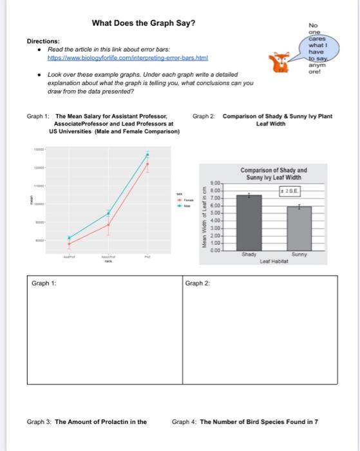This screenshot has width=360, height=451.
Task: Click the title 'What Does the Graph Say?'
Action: pyautogui.click(x=144, y=24)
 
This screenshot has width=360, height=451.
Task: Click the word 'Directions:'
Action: pyautogui.click(x=43, y=41)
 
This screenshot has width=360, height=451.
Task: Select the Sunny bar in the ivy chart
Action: pyautogui.click(x=299, y=228)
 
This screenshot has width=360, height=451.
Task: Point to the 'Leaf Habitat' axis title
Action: pyautogui.click(x=274, y=261)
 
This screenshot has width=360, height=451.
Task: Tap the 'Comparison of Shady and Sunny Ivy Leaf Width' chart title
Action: pyautogui.click(x=274, y=173)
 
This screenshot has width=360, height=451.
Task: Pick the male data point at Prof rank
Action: pyautogui.click(x=147, y=155)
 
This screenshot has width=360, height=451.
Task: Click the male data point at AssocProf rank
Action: pyautogui.click(x=108, y=213)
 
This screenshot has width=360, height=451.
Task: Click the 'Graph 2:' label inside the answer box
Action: pyautogui.click(x=196, y=283)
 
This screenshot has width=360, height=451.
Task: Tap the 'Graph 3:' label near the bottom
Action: pyautogui.click(x=39, y=422)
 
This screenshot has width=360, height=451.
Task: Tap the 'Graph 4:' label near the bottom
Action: pyautogui.click(x=184, y=422)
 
